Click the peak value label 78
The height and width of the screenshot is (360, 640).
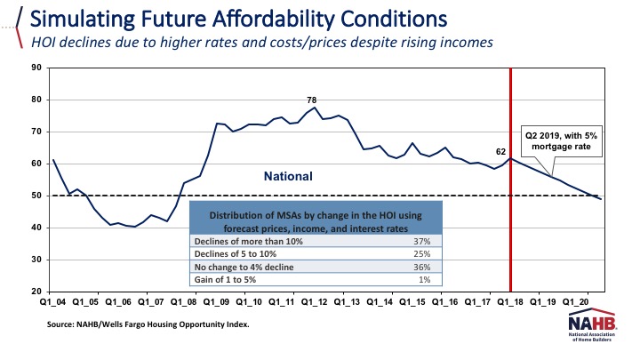(312, 100)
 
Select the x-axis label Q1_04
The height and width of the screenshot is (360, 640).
(53, 302)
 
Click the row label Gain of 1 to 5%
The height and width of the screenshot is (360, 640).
(227, 280)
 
